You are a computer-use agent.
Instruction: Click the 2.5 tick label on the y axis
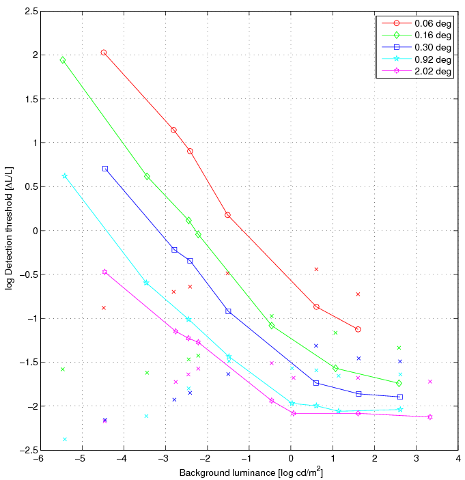coord(29,11)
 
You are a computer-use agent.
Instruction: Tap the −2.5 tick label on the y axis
coord(27,450)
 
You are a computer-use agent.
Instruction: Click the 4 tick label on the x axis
coord(458,460)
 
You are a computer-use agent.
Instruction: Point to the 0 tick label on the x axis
coord(291,460)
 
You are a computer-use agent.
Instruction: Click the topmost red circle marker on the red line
coord(104,53)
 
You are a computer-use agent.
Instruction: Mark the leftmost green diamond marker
coord(63,60)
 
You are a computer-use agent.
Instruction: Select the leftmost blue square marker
coord(105,169)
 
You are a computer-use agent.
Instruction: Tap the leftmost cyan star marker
coord(65,175)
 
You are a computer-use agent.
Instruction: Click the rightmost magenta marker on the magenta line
coord(430,417)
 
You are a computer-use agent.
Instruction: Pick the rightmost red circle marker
coord(358,329)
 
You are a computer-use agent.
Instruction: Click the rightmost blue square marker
coord(400,397)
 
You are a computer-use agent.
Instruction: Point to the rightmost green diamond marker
coord(399,383)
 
